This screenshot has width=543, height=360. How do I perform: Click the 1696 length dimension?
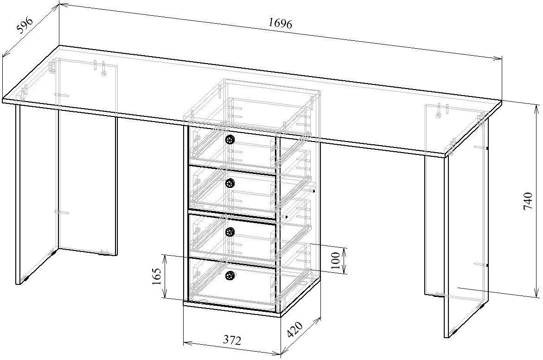point(280,23)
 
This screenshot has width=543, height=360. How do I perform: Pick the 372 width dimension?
point(232,341)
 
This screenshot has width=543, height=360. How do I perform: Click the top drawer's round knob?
point(230,139)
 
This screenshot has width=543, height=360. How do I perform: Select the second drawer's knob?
point(230,183)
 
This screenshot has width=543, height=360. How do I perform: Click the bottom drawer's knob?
point(230,276)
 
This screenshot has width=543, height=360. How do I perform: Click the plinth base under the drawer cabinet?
point(232,309)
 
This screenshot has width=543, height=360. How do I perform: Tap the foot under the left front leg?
point(23,280)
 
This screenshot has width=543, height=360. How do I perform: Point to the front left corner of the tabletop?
point(4,100)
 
